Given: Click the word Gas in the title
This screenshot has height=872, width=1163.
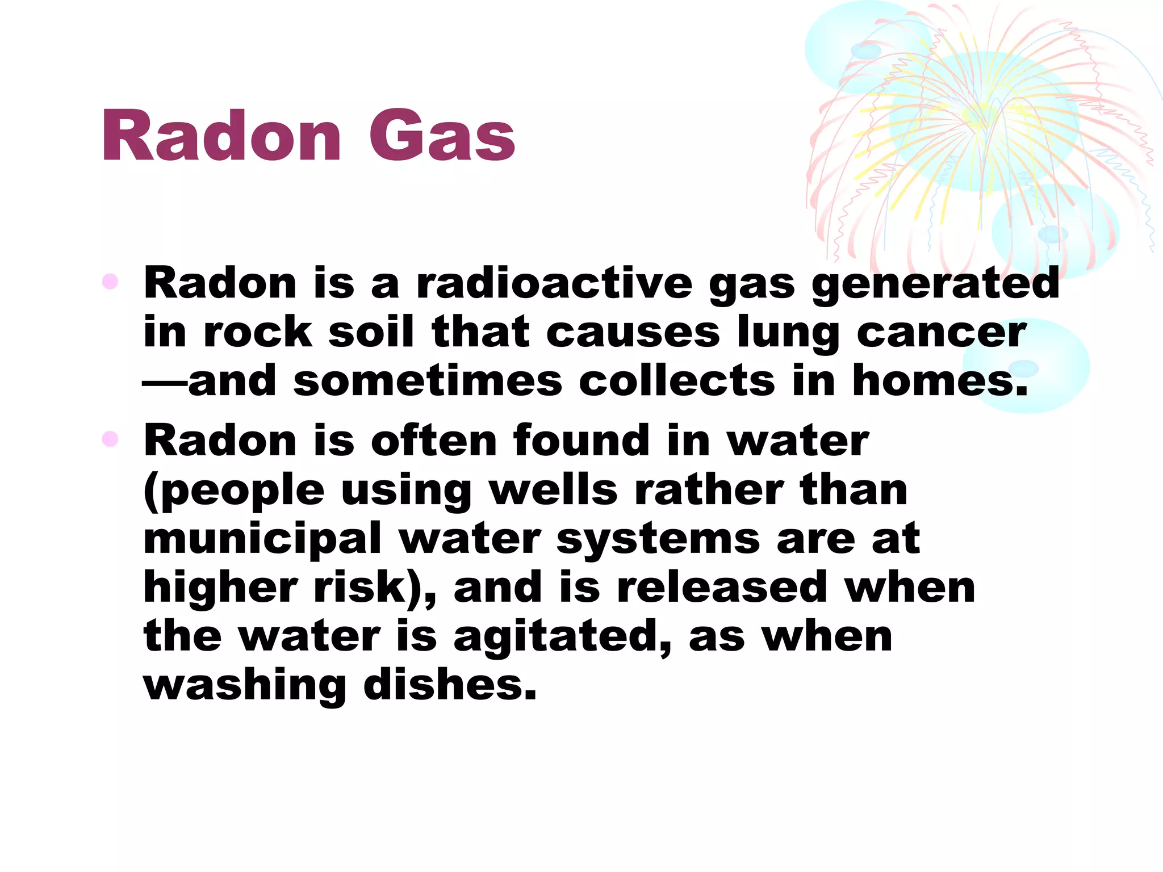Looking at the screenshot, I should pos(442,136).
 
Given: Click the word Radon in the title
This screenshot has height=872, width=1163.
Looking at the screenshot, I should pos(221,136).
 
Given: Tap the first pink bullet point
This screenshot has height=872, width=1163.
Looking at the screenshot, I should pos(110,282).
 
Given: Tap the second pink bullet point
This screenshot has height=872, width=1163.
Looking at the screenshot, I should pos(110,439).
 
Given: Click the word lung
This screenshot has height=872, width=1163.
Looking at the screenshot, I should pos(788,334).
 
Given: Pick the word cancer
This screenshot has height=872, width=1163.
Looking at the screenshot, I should pos(941,333).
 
